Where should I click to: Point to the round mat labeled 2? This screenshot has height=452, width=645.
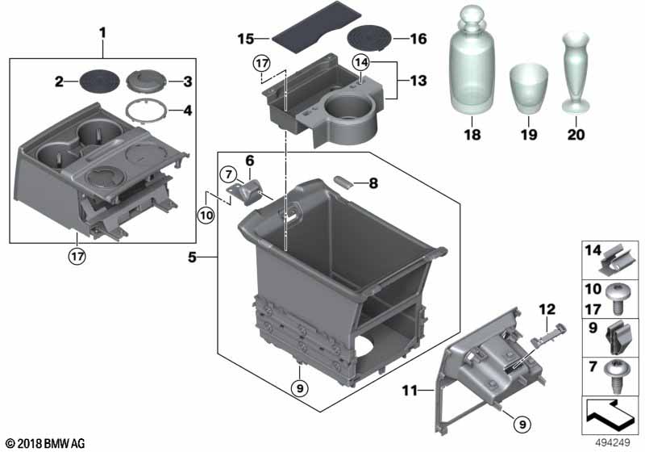tap(100, 80)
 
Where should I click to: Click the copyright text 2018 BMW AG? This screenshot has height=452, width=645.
tap(44, 443)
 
